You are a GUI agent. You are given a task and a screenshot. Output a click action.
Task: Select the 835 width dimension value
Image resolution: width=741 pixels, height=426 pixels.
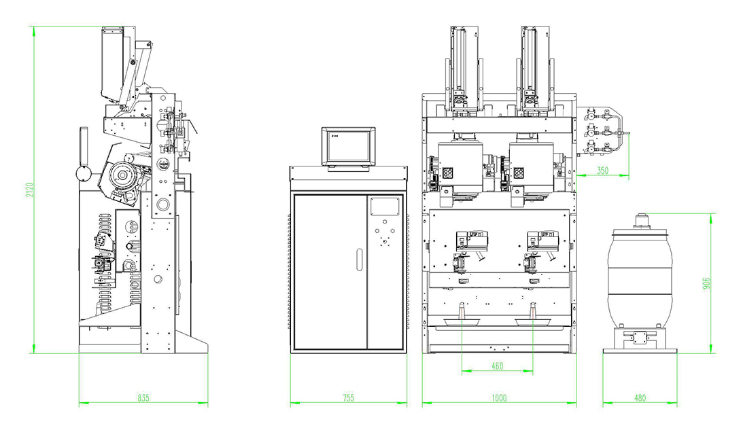pyautogui.click(x=143, y=397)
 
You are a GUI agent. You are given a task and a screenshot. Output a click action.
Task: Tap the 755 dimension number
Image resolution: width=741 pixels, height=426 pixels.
pyautogui.click(x=348, y=397)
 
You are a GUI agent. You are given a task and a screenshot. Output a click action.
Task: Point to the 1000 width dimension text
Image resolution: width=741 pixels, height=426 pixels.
pyautogui.click(x=499, y=397)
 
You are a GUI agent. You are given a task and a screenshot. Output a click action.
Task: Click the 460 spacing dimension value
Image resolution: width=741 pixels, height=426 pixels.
pyautogui.click(x=497, y=366)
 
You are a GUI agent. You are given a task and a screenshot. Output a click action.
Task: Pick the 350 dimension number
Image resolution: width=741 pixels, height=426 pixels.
pyautogui.click(x=602, y=171)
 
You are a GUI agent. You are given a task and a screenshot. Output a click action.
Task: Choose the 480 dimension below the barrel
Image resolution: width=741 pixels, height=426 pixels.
pyautogui.click(x=640, y=397)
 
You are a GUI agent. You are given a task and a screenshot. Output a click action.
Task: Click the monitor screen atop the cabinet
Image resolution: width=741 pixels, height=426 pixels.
pyautogui.click(x=348, y=145)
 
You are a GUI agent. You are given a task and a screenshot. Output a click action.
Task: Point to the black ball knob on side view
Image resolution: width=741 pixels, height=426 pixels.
pyautogui.click(x=84, y=173)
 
